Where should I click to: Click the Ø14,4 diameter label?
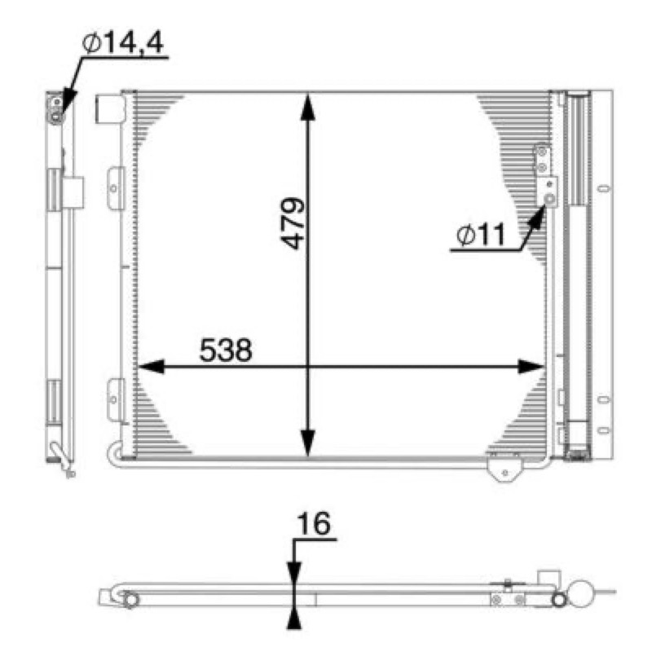[123, 42]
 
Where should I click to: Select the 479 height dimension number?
[293, 223]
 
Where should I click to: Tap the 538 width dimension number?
[226, 350]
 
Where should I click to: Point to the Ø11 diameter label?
[481, 235]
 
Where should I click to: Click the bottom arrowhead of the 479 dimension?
[308, 443]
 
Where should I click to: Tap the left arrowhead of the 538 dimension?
[151, 367]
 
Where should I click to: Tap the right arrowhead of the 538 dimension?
[531, 367]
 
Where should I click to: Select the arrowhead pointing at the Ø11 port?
[538, 217]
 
